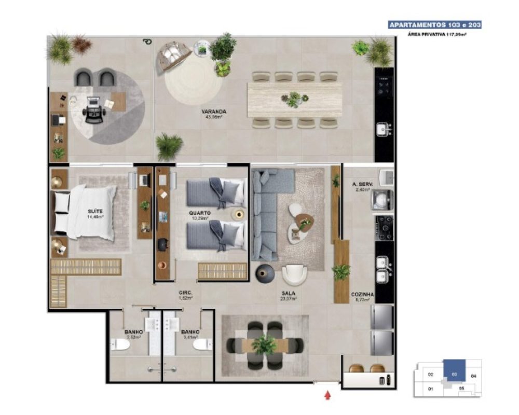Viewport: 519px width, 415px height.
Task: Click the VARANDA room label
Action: click(x=213, y=112)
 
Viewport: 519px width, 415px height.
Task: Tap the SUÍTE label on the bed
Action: click(x=95, y=211)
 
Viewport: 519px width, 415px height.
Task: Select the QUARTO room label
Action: click(x=199, y=213)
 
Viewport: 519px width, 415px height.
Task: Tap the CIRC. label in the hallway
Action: click(x=186, y=293)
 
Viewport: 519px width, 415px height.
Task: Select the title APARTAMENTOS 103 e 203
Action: click(x=434, y=25)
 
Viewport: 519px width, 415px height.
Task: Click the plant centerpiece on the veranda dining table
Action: click(x=294, y=99)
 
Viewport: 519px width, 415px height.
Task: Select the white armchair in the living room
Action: click(x=295, y=275)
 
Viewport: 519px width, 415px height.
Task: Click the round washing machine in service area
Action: click(x=383, y=199)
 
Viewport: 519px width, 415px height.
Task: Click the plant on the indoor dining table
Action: click(x=265, y=344)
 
